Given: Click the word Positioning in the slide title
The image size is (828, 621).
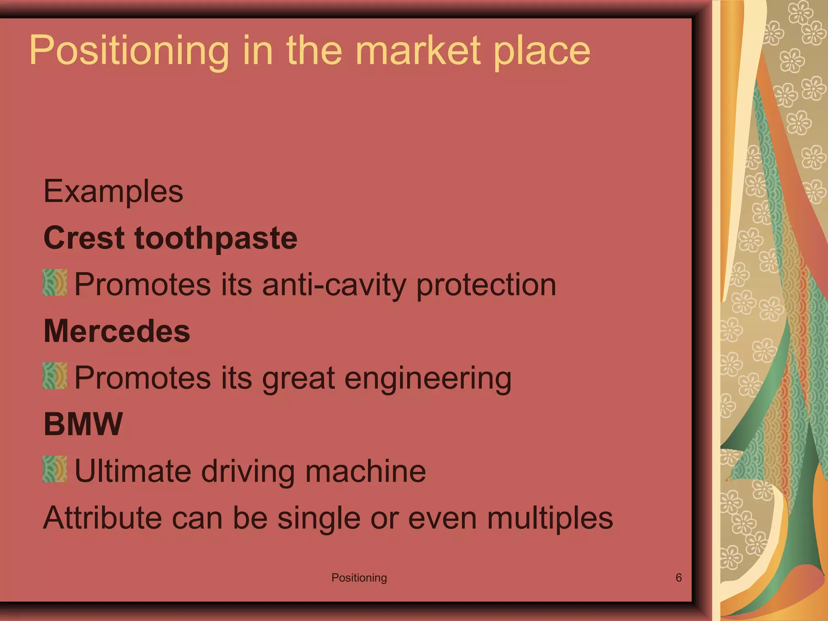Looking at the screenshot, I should (129, 51).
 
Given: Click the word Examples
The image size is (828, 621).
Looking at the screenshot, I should (113, 192).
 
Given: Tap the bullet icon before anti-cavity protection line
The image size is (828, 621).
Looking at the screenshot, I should (55, 283).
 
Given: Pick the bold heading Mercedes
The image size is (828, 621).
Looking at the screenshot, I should (117, 331).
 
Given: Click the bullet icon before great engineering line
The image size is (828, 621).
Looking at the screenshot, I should (55, 376).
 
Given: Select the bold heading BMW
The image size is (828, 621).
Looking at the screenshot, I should (83, 424).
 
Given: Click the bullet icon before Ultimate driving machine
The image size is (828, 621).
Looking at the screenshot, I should (55, 469).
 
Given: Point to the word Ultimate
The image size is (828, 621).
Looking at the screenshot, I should (133, 471).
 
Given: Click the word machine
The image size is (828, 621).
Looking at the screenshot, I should (365, 471).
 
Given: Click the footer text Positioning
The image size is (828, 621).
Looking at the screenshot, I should (359, 578).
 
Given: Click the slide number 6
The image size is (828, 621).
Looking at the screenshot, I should (679, 577).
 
